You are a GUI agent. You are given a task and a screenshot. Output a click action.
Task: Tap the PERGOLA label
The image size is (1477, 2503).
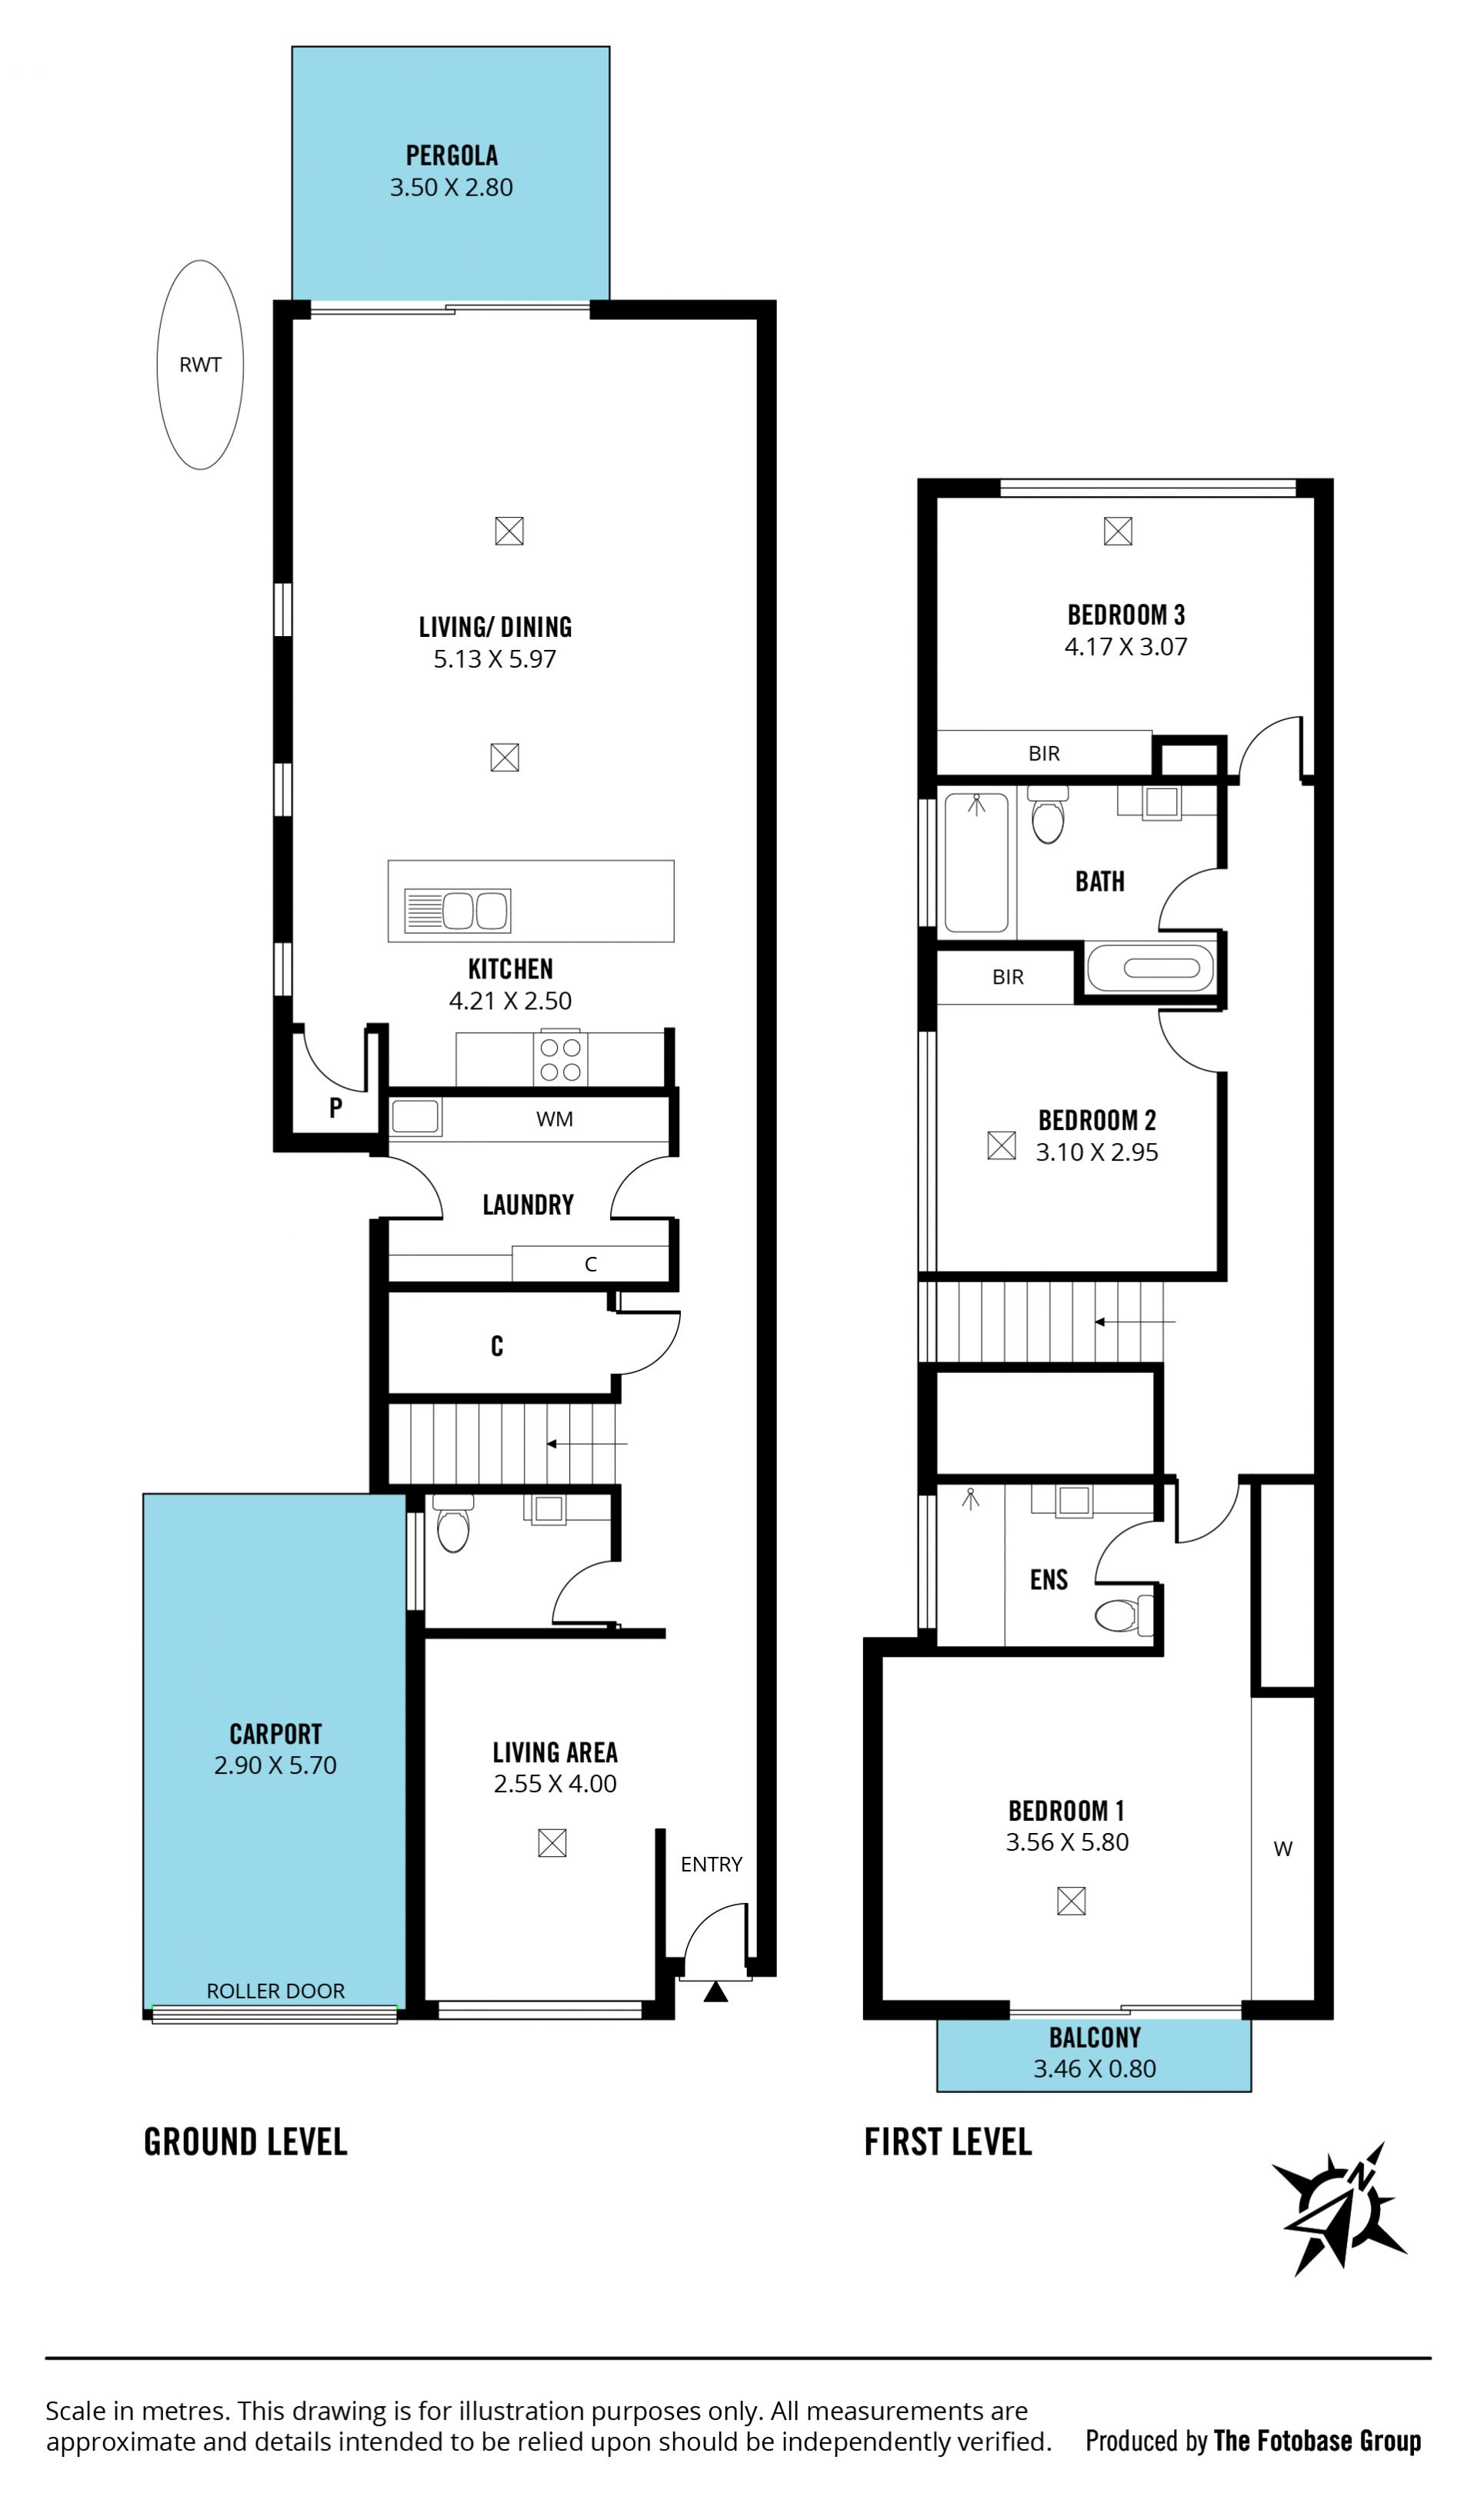[452, 155]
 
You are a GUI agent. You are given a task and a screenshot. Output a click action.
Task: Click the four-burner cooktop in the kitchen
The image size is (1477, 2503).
[560, 1059]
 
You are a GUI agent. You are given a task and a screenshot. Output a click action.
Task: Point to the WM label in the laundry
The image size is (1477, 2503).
[555, 1118]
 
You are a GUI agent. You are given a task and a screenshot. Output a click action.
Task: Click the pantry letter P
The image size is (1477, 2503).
[335, 1108]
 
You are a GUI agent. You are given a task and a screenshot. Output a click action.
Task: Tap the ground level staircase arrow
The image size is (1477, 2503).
[586, 1443]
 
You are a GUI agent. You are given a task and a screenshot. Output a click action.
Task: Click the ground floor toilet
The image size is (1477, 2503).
[453, 1524]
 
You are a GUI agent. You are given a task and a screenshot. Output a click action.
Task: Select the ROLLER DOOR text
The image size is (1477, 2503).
[275, 1989]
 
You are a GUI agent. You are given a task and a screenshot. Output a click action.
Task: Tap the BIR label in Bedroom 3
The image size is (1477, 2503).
[1044, 753]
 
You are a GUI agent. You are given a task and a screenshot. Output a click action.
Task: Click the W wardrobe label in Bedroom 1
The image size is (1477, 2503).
[1283, 1848]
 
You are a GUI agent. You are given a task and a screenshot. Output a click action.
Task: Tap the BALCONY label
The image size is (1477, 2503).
[1095, 2037]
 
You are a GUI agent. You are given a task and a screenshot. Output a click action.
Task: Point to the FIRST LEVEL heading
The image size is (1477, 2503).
[948, 2141]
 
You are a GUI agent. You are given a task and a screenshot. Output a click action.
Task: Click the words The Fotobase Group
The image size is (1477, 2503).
[1317, 2432]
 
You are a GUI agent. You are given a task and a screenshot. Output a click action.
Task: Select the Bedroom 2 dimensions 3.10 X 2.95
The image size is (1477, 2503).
[1097, 1152]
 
